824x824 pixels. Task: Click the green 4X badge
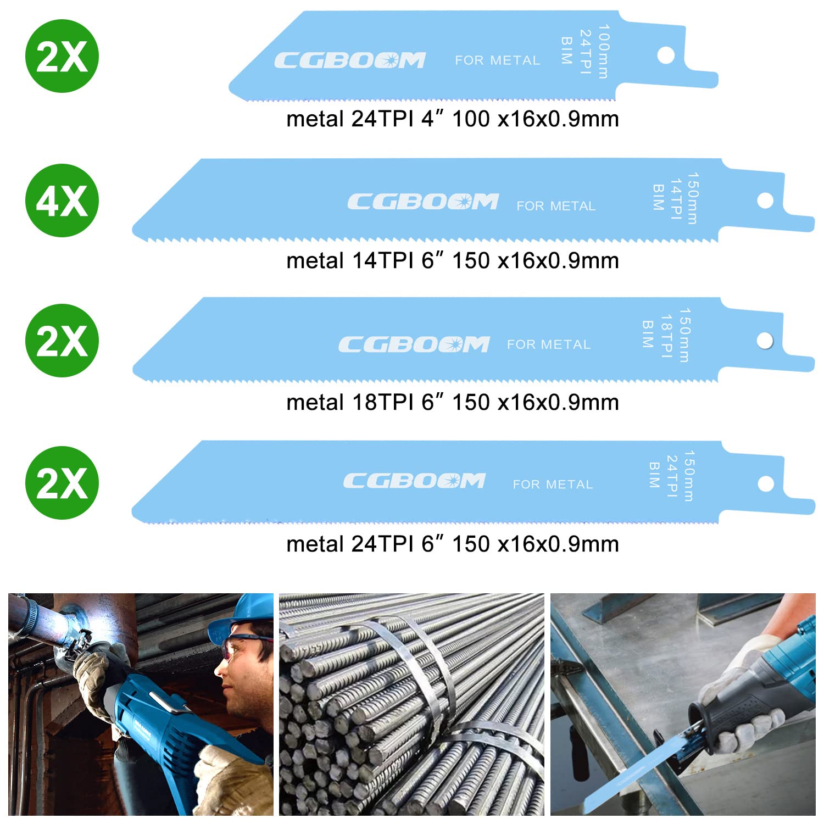click(62, 201)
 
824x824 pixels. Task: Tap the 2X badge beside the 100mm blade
click(62, 56)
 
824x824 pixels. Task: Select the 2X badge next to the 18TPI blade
click(62, 341)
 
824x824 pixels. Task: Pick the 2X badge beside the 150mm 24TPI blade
click(62, 483)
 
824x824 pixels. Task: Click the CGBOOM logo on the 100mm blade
click(350, 60)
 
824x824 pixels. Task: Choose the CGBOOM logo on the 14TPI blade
click(423, 202)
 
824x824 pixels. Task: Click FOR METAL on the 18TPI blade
click(549, 344)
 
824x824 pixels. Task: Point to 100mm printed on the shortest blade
click(604, 52)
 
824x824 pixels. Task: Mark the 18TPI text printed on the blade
click(666, 337)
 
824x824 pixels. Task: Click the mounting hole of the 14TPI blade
click(765, 200)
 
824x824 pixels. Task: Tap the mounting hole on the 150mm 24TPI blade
click(766, 484)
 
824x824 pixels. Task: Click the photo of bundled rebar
click(411, 705)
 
